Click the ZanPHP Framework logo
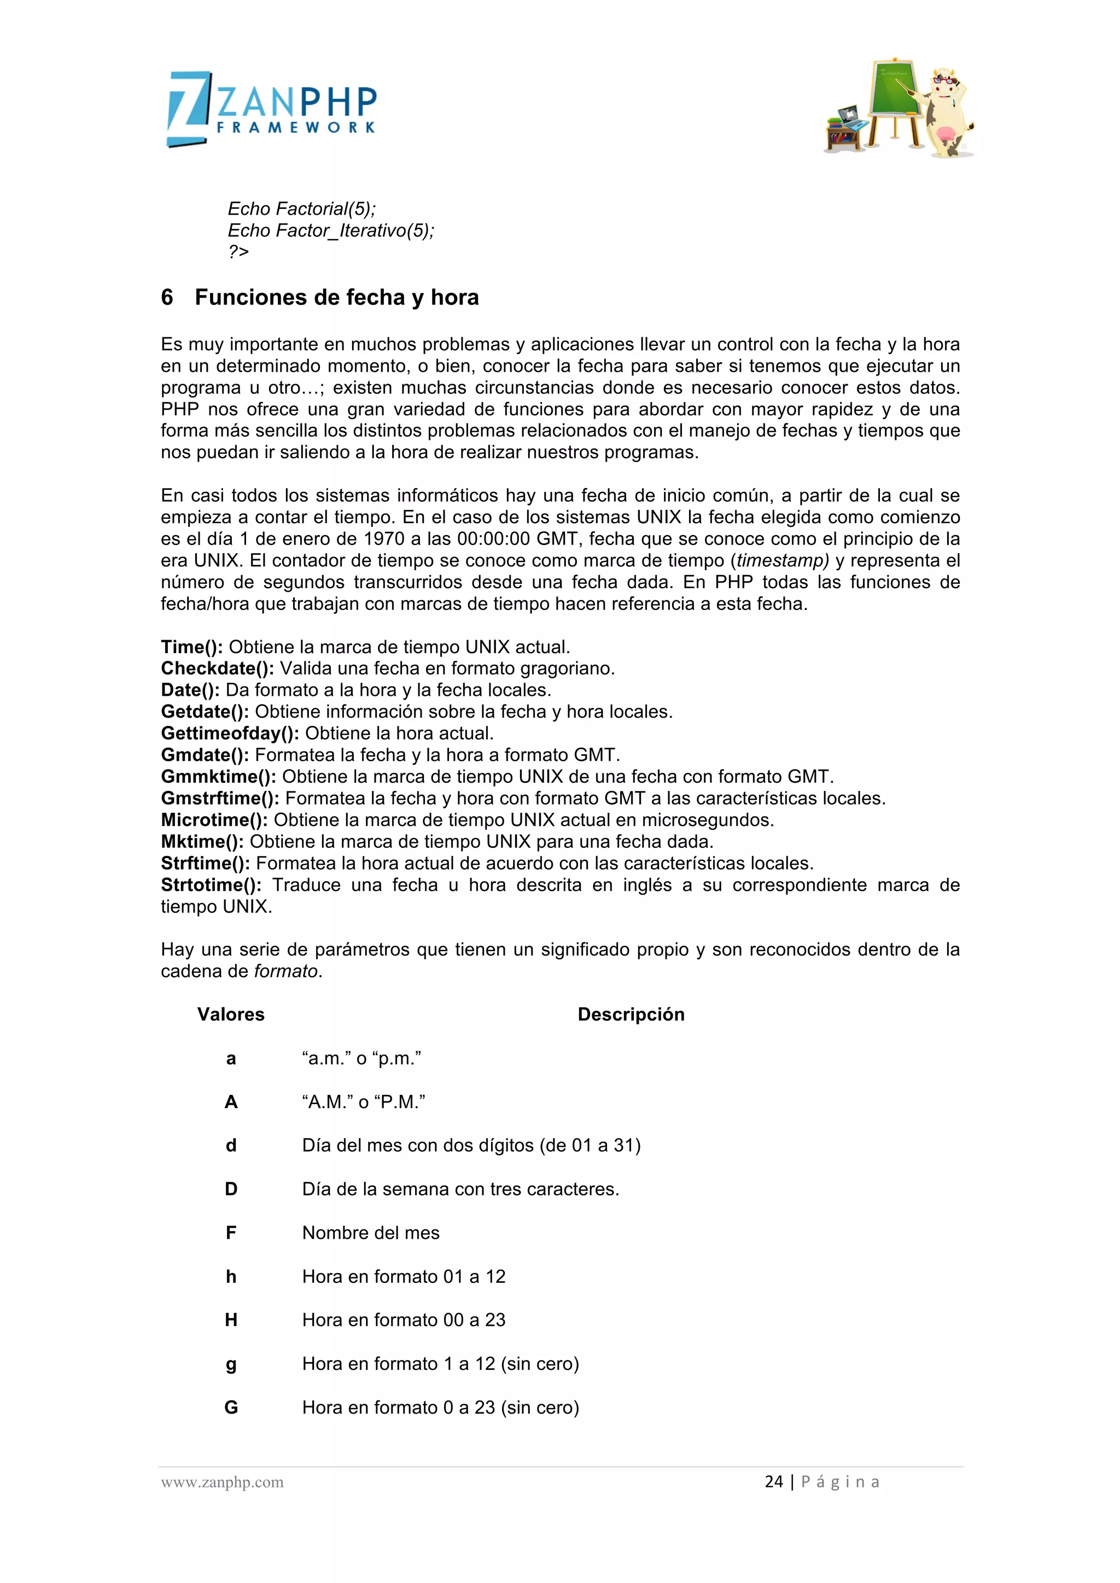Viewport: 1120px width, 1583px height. click(x=272, y=109)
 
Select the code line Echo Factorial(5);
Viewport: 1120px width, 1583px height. click(x=301, y=208)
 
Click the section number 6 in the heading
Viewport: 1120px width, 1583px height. click(x=167, y=297)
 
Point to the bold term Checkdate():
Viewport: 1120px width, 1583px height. click(x=217, y=668)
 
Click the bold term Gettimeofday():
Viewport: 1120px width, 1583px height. click(x=230, y=733)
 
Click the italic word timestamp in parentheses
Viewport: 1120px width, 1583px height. click(x=781, y=560)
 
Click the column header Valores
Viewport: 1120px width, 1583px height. click(x=230, y=1014)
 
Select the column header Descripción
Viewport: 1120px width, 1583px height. click(x=631, y=1014)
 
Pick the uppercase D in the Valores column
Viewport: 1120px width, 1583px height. click(x=231, y=1189)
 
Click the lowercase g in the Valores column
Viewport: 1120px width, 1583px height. click(x=231, y=1364)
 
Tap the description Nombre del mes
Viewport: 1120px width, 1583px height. click(x=370, y=1233)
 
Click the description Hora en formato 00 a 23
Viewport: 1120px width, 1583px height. click(x=404, y=1320)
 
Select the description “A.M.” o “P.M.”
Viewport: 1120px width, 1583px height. click(x=364, y=1102)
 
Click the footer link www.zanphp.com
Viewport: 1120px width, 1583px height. click(x=222, y=1482)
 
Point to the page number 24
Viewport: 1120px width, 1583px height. click(x=774, y=1482)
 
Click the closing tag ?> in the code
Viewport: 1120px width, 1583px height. click(x=238, y=251)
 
